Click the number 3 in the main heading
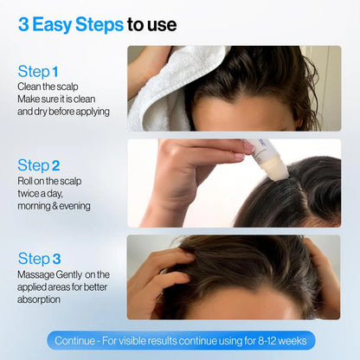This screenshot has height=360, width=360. click(x=24, y=24)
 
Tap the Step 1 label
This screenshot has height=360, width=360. click(x=38, y=71)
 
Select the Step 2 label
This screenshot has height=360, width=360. click(x=39, y=164)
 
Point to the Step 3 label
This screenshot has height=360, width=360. click(x=39, y=258)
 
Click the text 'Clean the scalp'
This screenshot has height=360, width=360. click(x=48, y=87)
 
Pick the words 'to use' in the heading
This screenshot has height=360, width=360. click(x=151, y=24)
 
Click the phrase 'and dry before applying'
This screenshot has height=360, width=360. click(x=63, y=112)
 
